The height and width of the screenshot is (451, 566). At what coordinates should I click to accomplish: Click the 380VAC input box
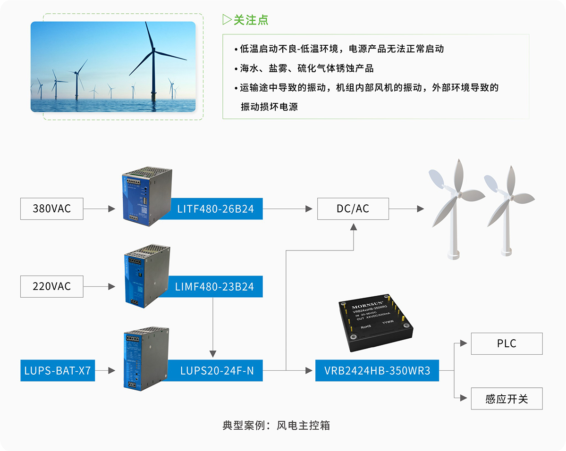click(51, 209)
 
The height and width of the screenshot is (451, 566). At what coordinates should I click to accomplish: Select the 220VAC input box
click(51, 286)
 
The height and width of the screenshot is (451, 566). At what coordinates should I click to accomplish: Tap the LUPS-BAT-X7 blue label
click(57, 371)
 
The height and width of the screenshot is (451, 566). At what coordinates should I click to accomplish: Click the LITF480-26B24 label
click(215, 209)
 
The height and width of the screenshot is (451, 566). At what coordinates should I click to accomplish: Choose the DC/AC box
click(353, 209)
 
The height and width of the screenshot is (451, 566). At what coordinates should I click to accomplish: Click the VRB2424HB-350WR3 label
click(377, 371)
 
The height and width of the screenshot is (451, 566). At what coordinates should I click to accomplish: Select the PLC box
click(507, 343)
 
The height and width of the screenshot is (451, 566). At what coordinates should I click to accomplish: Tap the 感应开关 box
click(507, 399)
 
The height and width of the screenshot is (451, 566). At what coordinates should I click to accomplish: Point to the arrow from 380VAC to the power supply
click(99, 209)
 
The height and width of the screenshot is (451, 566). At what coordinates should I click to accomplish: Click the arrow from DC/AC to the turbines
click(405, 209)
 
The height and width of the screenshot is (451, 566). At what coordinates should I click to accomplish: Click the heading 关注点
click(251, 20)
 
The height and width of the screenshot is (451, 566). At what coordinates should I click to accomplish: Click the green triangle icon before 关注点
click(227, 20)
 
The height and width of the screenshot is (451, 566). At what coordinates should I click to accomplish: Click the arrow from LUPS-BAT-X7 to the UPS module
click(105, 371)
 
